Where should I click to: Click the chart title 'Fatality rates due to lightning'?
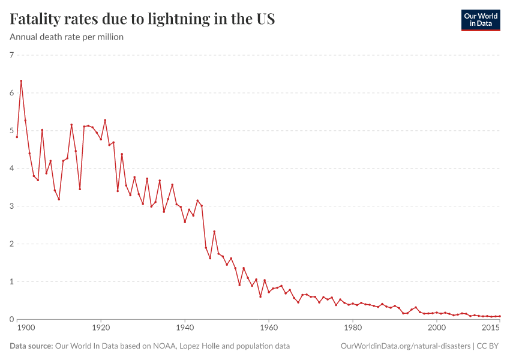coord(142,19)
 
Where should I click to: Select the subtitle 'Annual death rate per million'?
coord(67,37)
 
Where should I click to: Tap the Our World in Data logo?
coord(480,20)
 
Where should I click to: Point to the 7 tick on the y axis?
coord(11,55)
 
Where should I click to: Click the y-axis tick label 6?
coord(11,93)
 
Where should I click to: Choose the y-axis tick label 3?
coord(11,206)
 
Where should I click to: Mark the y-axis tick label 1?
coord(11,282)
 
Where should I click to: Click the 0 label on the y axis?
coord(11,320)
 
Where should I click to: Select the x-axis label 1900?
coord(25,328)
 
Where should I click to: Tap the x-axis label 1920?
coord(101,328)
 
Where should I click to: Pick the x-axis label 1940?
coord(185,328)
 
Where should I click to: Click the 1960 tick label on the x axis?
coord(269,328)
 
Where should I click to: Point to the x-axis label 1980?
coord(353,328)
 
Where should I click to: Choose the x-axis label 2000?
coord(437,328)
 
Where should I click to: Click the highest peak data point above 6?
coord(21,81)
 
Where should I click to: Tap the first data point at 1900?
coord(17,137)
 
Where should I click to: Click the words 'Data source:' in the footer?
coord(30,346)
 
